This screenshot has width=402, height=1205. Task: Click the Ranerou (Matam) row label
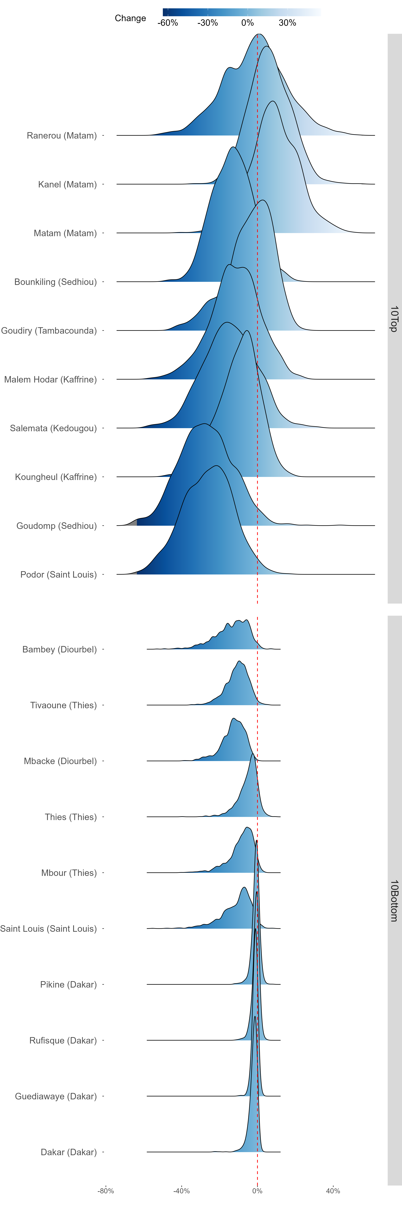tap(62, 136)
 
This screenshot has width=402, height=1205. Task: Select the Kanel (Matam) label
tap(67, 184)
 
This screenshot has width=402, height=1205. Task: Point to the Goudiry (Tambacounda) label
tap(49, 331)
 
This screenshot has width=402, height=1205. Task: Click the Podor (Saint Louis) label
tap(59, 574)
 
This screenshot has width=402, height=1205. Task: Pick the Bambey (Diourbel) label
tap(59, 649)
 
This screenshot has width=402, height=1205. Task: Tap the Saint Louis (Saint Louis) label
tap(49, 929)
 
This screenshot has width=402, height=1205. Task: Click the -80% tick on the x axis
tap(106, 1191)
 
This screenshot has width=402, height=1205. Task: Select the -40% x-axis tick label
tap(182, 1191)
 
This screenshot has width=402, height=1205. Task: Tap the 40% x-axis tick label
tap(333, 1191)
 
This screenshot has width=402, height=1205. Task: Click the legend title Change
tap(131, 18)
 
